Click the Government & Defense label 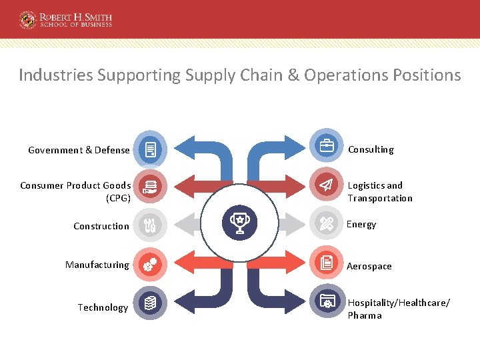79,150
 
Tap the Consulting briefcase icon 327,147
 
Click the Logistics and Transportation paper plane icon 327,185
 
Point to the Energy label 361,225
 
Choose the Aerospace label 369,266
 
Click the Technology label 103,307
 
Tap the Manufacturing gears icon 151,264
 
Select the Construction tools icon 151,225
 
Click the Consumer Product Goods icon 151,187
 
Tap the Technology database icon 151,303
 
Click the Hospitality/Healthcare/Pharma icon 327,302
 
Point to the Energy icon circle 327,224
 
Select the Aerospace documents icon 327,263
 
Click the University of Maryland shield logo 28,19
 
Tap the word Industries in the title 55,75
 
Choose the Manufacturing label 97,265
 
